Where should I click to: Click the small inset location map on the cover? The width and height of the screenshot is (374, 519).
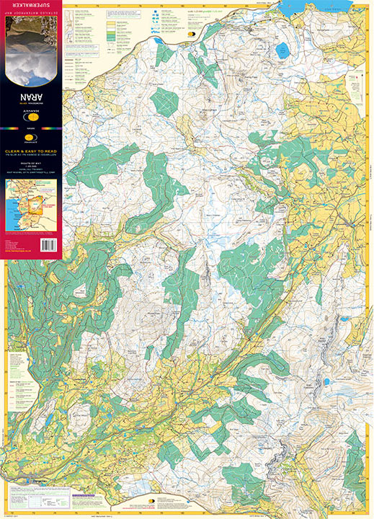[x=32, y=205]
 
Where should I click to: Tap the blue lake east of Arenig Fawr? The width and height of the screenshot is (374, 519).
[x=280, y=50]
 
